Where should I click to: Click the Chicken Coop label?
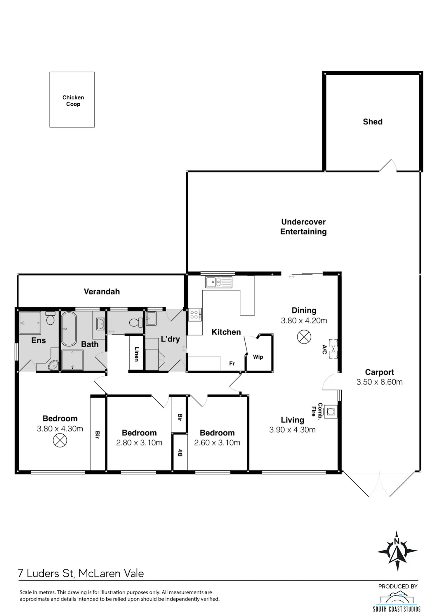73,101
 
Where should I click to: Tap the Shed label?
373,122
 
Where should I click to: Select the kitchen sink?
219,282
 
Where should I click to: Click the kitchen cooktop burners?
194,315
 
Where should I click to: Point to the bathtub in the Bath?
69,329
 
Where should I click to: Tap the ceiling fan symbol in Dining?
304,337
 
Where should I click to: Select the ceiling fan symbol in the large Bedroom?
60,440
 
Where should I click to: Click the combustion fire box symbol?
331,412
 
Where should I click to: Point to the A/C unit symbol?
333,349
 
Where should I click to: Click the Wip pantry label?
258,357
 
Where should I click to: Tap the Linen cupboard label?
136,354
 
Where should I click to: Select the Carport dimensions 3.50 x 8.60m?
379,382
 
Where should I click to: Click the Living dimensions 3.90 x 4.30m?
292,430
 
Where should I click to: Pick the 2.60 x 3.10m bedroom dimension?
217,443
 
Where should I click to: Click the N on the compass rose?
397,541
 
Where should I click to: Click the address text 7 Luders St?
46,573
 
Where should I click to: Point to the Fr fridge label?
232,363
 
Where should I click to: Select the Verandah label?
102,291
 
